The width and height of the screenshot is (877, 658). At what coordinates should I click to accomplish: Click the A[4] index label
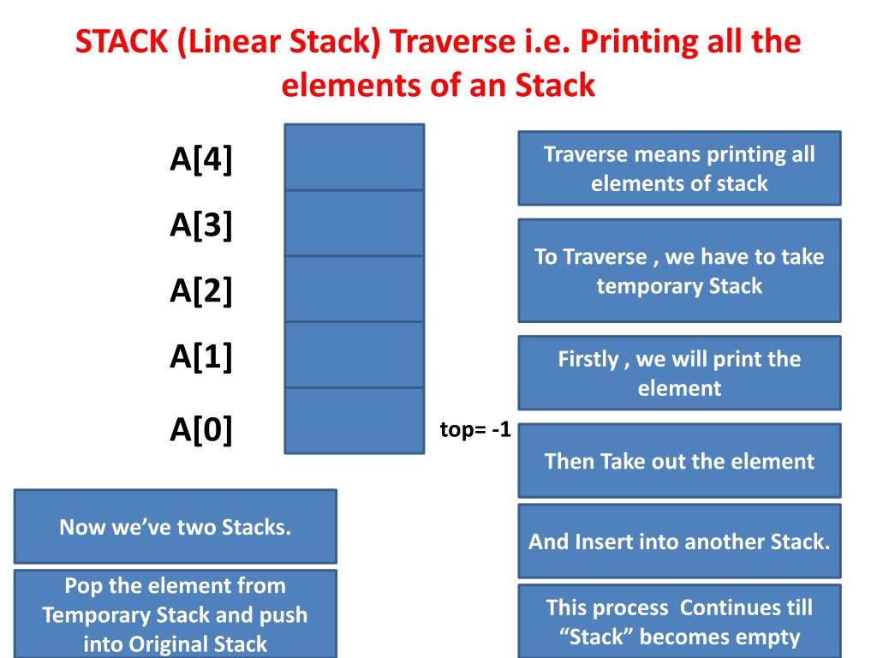pos(201,159)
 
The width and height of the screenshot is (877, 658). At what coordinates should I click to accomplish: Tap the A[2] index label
pos(201,291)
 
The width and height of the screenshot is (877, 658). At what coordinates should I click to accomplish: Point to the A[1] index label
pos(201,357)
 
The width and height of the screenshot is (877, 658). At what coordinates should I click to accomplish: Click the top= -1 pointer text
pos(474,430)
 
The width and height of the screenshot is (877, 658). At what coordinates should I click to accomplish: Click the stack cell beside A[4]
pos(354,157)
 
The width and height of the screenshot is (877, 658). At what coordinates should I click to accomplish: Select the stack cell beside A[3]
pos(354,223)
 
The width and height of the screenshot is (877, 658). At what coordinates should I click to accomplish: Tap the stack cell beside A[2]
pos(354,289)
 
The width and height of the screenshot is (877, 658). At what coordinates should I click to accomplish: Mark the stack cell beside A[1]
pos(354,355)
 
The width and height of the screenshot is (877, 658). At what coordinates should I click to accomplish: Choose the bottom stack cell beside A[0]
pos(354,421)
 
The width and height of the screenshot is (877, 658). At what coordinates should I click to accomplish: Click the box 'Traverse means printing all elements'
pos(679,168)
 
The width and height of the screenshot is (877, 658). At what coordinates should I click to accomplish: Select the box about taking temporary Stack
pos(679,271)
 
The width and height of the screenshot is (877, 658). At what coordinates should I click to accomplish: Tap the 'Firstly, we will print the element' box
pos(679,373)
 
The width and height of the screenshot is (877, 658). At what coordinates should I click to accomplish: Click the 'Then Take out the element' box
pos(679,461)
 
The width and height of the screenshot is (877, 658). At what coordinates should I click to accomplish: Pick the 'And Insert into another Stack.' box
pos(679,541)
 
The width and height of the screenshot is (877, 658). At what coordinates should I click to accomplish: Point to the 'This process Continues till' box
pos(679,621)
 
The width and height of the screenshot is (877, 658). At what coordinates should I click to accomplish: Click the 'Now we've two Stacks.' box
pos(176,526)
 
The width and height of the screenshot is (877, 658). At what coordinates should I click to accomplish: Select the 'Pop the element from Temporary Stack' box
pos(176,614)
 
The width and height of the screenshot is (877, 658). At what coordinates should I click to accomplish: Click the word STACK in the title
pos(122,43)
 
